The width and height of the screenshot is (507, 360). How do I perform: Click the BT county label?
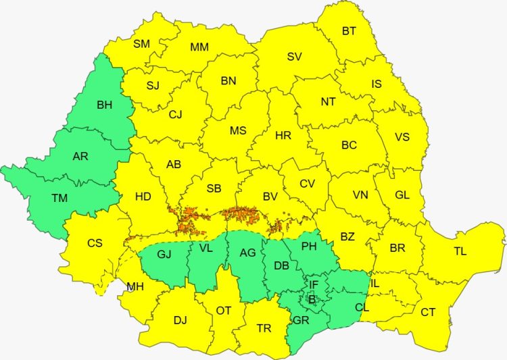point(349,30)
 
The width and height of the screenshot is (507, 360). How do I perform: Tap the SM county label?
point(141,44)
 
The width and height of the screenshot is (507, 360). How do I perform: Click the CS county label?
point(95,242)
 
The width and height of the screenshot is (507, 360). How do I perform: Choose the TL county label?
point(460,251)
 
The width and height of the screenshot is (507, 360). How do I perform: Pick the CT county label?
point(428,311)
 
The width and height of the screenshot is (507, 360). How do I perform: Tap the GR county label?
point(302,320)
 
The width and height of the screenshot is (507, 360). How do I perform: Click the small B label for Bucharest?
point(312,299)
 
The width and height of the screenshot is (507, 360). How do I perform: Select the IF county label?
point(313,284)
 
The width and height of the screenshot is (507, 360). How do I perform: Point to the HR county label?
point(283,136)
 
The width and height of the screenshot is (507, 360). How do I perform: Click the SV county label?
point(294,57)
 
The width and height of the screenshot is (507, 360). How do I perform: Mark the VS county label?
point(402,136)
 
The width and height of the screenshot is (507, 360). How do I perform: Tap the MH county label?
point(135,287)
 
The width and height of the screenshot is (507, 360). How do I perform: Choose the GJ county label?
point(164,255)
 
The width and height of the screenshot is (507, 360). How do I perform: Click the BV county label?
point(270,197)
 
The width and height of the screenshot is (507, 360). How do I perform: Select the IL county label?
point(375,284)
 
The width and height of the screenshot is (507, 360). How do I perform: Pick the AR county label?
point(80,156)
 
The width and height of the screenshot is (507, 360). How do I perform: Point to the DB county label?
point(282,266)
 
